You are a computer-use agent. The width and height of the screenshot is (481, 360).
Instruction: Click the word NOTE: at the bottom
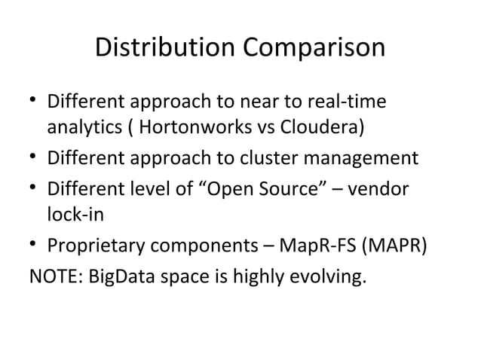tap(57, 273)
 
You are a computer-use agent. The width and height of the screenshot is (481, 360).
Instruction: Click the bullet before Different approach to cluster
tap(33, 159)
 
